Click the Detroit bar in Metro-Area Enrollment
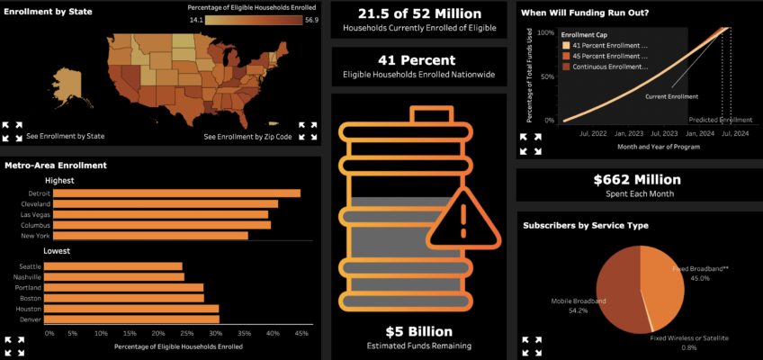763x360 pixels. (172, 193)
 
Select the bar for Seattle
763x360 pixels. (113, 266)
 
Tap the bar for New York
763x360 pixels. (146, 236)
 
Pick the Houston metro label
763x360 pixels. (30, 309)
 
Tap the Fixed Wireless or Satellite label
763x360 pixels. (689, 338)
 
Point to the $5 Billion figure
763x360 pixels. (419, 332)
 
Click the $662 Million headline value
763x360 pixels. (637, 179)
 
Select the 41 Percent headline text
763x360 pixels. (417, 60)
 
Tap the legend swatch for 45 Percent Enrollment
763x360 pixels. (566, 56)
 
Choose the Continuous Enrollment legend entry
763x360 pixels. (606, 67)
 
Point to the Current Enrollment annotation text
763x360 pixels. (671, 97)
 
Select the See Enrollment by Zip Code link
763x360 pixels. (247, 137)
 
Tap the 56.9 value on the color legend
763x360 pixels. (312, 20)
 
